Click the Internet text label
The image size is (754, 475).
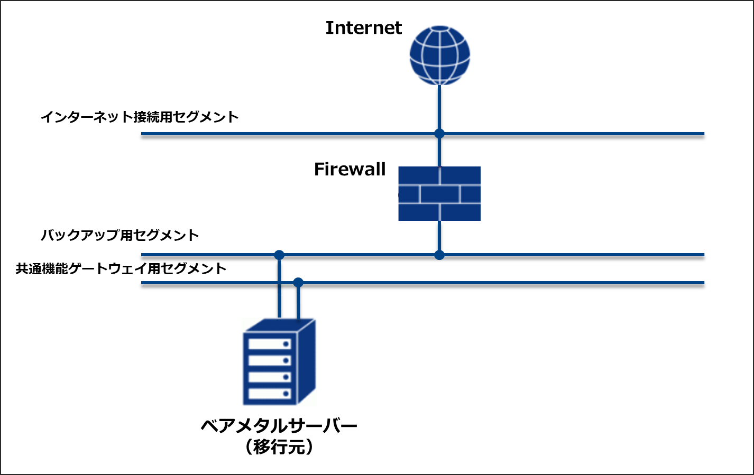[x=363, y=28]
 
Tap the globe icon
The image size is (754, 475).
[x=439, y=55]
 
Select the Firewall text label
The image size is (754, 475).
[x=350, y=169]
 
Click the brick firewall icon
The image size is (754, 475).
[x=439, y=193]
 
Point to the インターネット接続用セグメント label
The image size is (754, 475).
[x=140, y=117]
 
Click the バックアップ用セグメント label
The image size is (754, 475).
[x=120, y=235]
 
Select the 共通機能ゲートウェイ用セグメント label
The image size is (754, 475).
[x=121, y=268]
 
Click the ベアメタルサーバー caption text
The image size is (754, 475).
[x=279, y=425]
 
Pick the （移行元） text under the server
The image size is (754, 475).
[x=279, y=447]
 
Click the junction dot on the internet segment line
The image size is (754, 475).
[x=439, y=133]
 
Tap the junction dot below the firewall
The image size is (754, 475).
[x=439, y=255]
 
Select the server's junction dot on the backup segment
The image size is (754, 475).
[x=279, y=255]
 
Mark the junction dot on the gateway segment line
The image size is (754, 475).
[x=298, y=282]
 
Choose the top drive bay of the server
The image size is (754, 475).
[x=270, y=344]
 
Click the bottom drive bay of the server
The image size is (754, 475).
[x=270, y=394]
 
